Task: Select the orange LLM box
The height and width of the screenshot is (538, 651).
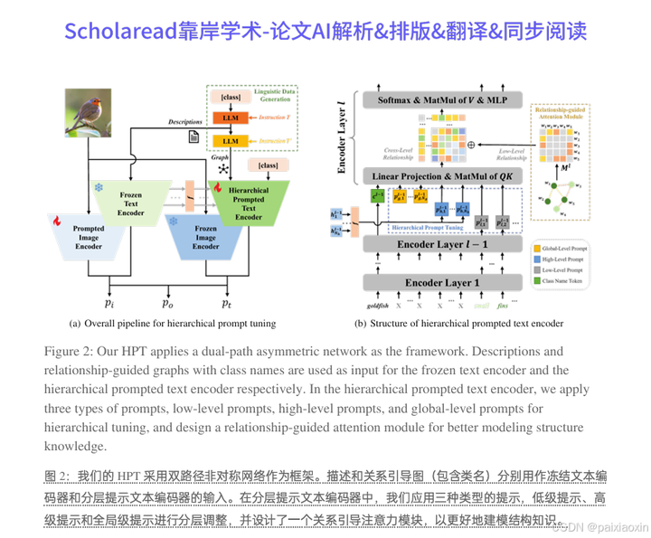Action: pos(230,118)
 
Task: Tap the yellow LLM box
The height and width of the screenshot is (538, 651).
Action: pos(230,141)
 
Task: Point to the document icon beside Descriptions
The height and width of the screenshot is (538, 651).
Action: pos(193,136)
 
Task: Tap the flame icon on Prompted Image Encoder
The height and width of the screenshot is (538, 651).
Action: pos(56,220)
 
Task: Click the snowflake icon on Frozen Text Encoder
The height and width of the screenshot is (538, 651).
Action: pos(99,188)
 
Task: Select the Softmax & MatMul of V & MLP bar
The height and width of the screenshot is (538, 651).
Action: pos(443,99)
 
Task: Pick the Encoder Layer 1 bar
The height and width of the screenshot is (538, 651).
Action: pos(442,282)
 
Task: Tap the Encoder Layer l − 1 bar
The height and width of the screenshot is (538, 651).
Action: pos(442,244)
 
